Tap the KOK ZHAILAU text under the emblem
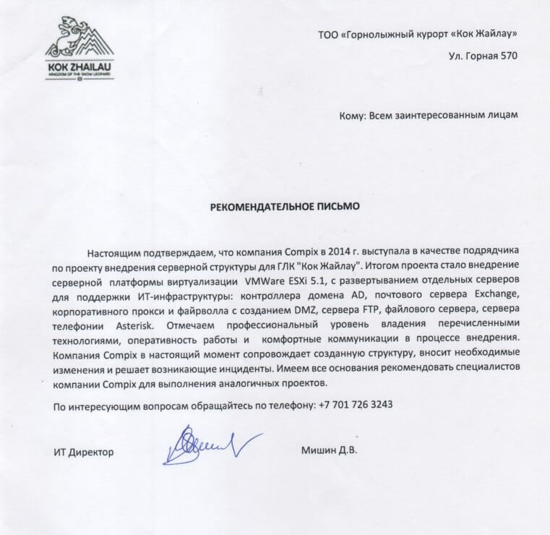pyautogui.click(x=79, y=67)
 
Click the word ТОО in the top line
pyautogui.click(x=327, y=34)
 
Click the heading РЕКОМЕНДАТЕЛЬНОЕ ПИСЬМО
pyautogui.click(x=284, y=206)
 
